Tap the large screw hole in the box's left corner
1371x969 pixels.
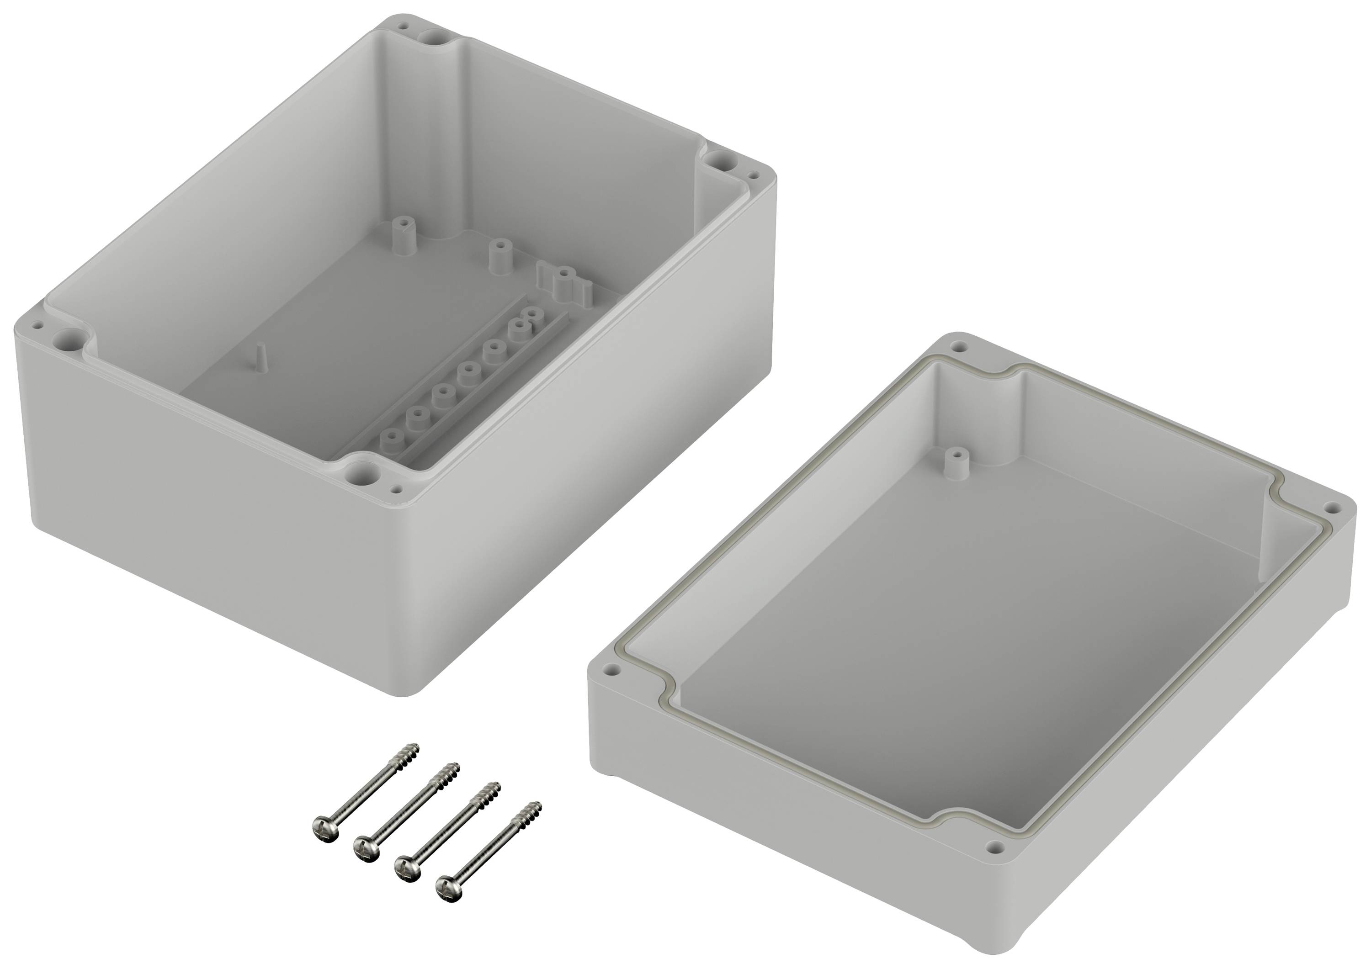64,340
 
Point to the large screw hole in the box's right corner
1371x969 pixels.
719,159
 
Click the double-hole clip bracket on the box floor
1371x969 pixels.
564,282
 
